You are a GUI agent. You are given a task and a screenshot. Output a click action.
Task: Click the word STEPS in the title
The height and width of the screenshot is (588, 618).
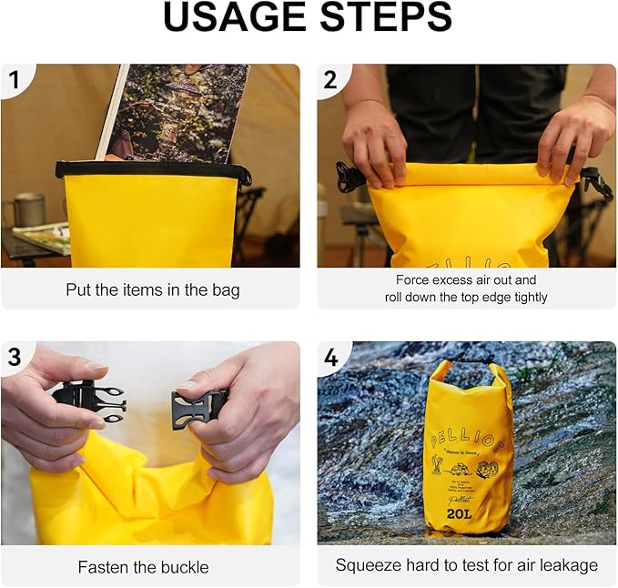(382, 18)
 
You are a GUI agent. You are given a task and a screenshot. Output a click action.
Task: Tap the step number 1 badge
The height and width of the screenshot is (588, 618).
(15, 80)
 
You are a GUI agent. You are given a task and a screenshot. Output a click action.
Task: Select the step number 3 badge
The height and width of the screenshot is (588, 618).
(15, 358)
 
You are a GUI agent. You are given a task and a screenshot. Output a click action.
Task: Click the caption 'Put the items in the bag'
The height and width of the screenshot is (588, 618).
(153, 290)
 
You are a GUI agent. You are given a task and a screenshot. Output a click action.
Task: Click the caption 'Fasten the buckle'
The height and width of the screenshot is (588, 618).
(143, 567)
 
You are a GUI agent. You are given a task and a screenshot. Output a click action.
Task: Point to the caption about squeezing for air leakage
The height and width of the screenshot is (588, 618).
(467, 565)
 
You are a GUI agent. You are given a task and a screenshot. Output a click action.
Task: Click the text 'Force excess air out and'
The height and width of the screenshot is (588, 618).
(466, 280)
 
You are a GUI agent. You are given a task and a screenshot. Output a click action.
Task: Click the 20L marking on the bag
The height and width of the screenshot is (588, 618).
(459, 513)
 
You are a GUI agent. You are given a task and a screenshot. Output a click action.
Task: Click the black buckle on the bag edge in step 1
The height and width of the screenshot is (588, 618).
(244, 175)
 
